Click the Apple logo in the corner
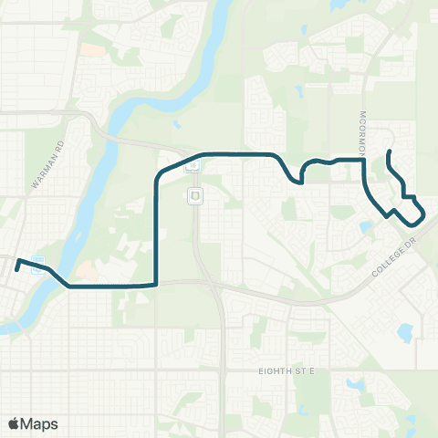tap(15, 423)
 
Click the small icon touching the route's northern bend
tap(192, 166)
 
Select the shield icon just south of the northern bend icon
tap(194, 196)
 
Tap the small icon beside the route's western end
tap(37, 267)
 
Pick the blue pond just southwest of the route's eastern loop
tap(367, 225)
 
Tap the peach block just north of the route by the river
tap(87, 271)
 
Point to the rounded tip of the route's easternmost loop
tap(424, 215)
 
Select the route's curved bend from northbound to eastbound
tap(163, 171)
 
